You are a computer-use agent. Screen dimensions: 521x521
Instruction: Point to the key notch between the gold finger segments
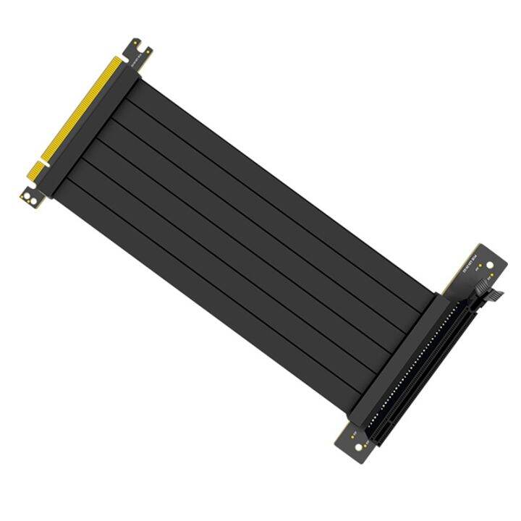coord(44,163)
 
